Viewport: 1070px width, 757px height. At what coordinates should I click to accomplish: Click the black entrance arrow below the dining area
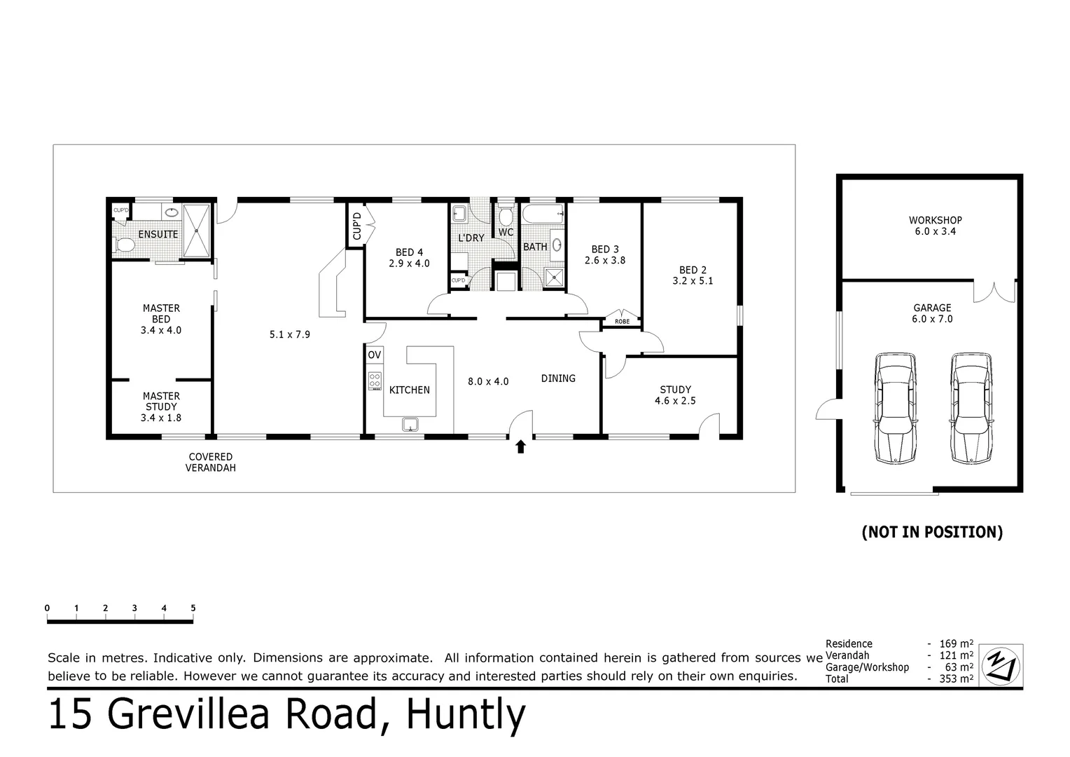pyautogui.click(x=520, y=446)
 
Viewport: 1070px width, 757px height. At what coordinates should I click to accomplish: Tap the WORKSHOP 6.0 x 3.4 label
pyautogui.click(x=935, y=226)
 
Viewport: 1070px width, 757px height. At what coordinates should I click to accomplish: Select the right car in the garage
pyautogui.click(x=972, y=408)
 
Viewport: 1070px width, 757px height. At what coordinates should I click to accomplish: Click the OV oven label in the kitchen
pyautogui.click(x=375, y=355)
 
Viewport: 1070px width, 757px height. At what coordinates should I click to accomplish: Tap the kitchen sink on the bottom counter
pyautogui.click(x=410, y=423)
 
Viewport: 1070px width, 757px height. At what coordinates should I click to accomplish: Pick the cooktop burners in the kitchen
pyautogui.click(x=375, y=381)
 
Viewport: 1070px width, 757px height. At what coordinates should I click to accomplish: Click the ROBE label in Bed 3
pyautogui.click(x=622, y=322)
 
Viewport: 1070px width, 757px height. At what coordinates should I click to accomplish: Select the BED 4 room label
pyautogui.click(x=409, y=257)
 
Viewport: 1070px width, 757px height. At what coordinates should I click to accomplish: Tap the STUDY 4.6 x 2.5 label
pyautogui.click(x=675, y=395)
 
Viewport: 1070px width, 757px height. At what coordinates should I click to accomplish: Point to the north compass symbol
pyautogui.click(x=1001, y=664)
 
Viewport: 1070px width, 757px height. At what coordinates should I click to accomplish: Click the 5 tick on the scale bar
pyautogui.click(x=193, y=608)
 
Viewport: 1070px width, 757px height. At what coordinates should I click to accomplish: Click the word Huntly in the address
pyautogui.click(x=466, y=715)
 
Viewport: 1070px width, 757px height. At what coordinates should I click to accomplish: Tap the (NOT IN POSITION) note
pyautogui.click(x=932, y=532)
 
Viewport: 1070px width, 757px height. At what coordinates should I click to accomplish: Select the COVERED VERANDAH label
pyautogui.click(x=211, y=462)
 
